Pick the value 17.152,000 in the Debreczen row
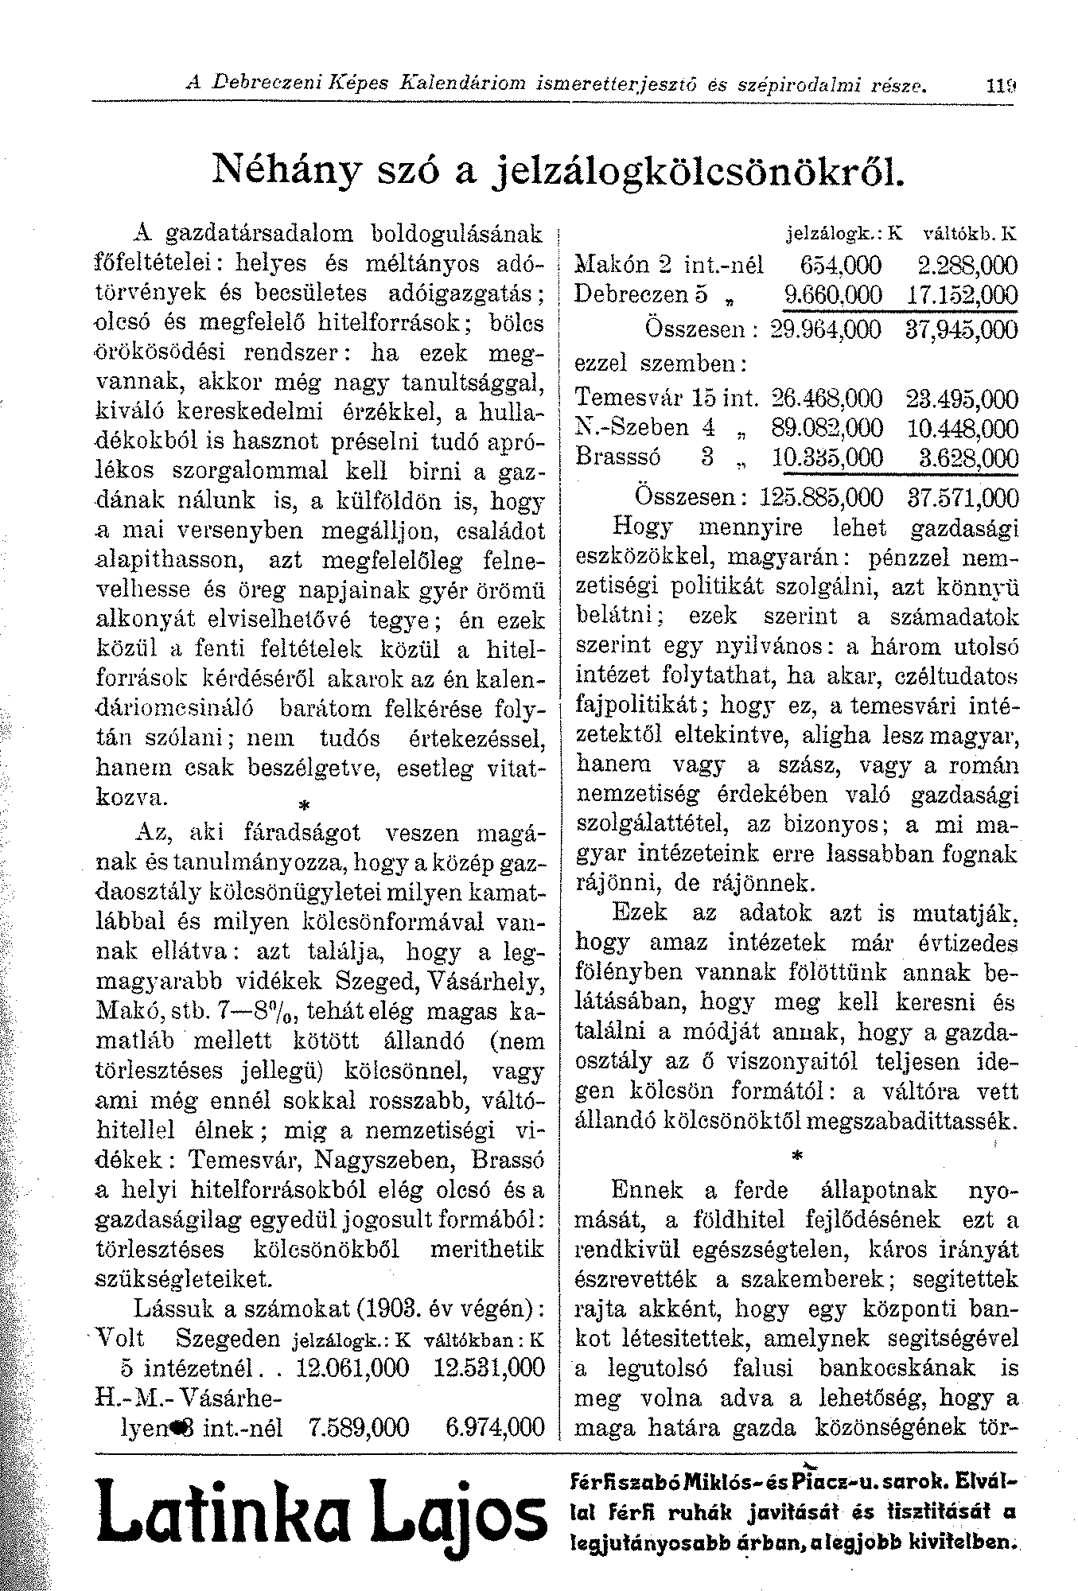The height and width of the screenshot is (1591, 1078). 962,295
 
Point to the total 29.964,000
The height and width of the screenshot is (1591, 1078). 827,329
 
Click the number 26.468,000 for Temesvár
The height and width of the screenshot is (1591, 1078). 827,398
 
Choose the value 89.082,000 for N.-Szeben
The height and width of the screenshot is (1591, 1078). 827,428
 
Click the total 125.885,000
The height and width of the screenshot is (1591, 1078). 821,498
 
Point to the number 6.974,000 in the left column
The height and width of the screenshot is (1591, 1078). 495,1426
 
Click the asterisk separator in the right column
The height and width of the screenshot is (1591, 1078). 797,1155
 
